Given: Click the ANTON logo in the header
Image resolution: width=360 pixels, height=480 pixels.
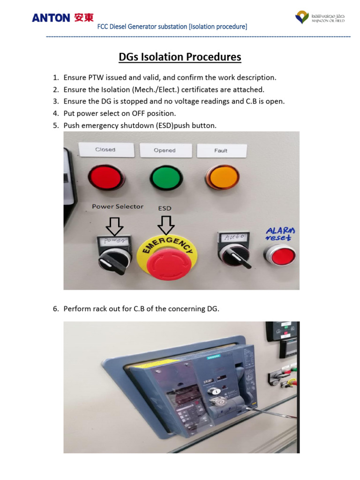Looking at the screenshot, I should [x=62, y=18].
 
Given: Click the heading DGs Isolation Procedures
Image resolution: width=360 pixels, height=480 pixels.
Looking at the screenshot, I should [x=180, y=57].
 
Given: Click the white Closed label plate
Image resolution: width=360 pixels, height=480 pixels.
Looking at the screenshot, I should [x=105, y=150].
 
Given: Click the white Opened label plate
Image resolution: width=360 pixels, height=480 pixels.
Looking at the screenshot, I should [x=165, y=150].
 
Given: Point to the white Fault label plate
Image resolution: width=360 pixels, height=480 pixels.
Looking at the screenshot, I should [x=221, y=150].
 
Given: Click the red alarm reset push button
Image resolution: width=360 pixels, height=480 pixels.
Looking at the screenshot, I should [x=280, y=256].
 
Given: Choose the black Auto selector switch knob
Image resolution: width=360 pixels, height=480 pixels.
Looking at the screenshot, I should [x=232, y=256].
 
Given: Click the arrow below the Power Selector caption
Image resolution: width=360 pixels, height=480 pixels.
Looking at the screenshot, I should [x=114, y=226].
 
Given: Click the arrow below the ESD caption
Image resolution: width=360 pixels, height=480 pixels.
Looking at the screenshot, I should [x=165, y=225].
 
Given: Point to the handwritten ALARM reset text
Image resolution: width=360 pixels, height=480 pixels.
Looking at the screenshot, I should [x=280, y=233].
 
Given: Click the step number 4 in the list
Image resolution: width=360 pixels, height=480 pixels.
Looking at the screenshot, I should [x=55, y=113].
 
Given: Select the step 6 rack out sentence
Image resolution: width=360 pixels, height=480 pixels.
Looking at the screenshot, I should [x=141, y=308].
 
